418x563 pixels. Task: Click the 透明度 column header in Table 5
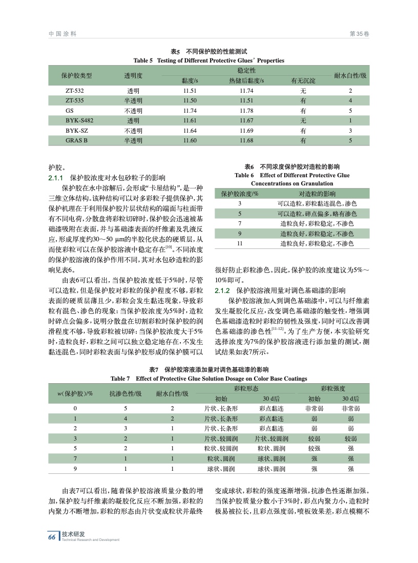pos(133,75)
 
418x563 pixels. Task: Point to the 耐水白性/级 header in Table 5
pos(350,75)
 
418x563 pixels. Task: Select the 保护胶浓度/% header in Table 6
pos(239,194)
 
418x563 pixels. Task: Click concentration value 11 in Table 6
pos(239,243)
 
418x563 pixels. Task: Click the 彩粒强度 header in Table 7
pos(332,389)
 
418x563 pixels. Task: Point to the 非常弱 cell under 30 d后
pos(350,408)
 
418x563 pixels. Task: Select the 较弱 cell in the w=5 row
pos(314,448)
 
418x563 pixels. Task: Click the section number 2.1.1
pos(55,178)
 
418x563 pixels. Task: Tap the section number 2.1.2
pos(224,290)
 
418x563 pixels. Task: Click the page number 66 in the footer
pos(52,537)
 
